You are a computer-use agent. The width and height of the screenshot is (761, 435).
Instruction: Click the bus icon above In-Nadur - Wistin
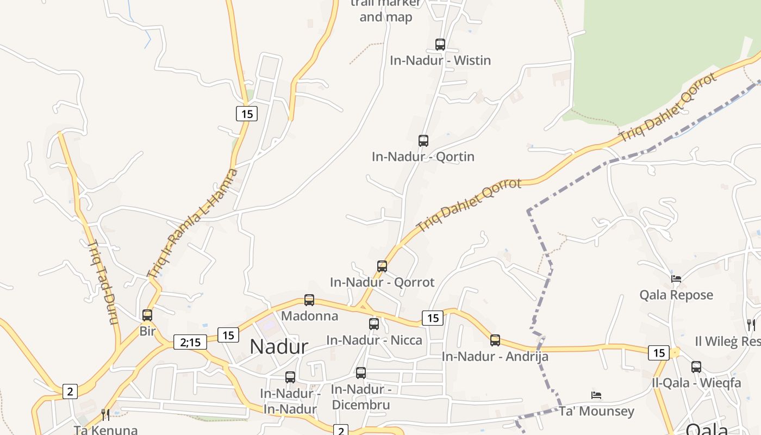[440, 45]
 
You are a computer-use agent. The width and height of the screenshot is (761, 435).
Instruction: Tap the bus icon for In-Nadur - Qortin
[423, 141]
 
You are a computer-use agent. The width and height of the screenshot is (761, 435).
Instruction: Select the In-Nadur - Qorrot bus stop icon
[382, 266]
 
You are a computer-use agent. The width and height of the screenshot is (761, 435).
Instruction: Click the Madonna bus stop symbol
[309, 300]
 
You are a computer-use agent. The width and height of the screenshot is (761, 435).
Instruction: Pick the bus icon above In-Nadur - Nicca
[374, 324]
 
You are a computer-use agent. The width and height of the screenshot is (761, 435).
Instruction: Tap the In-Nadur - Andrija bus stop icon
[495, 340]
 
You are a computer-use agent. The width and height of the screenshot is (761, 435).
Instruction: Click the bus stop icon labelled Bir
[147, 315]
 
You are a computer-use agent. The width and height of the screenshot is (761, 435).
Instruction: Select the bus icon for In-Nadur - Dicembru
[361, 373]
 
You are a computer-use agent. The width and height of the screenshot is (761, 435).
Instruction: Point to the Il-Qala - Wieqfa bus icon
[696, 367]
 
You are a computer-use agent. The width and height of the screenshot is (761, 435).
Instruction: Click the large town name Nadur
[279, 347]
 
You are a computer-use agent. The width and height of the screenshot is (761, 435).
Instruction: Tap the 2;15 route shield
[190, 342]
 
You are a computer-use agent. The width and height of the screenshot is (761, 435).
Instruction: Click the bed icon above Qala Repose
[676, 279]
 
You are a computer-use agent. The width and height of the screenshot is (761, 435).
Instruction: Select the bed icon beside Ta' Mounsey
[596, 395]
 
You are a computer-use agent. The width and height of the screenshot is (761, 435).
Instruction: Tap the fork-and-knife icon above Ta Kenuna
[105, 415]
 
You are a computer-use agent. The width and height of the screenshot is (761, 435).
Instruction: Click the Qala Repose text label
[676, 295]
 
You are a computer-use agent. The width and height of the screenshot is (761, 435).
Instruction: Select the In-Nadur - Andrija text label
[495, 357]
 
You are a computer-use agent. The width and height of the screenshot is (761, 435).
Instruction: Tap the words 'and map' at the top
[386, 17]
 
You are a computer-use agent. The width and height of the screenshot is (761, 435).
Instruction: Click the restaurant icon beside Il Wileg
[751, 325]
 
